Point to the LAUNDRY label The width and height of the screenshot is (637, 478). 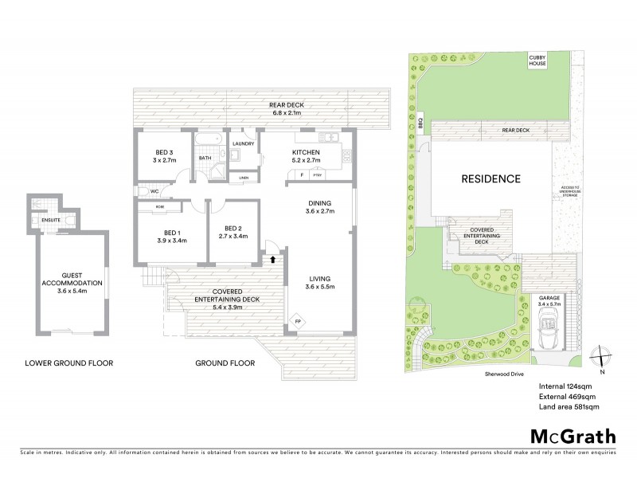click(x=243, y=143)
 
